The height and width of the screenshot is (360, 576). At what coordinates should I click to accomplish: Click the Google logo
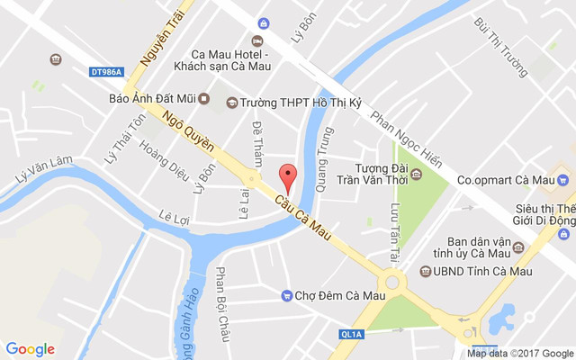pyautogui.click(x=31, y=349)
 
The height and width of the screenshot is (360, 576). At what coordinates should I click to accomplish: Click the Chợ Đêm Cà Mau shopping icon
pyautogui.click(x=287, y=295)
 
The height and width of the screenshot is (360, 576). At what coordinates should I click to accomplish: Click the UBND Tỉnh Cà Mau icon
pyautogui.click(x=425, y=272)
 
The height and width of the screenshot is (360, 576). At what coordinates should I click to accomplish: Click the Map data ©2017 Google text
pyautogui.click(x=520, y=353)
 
